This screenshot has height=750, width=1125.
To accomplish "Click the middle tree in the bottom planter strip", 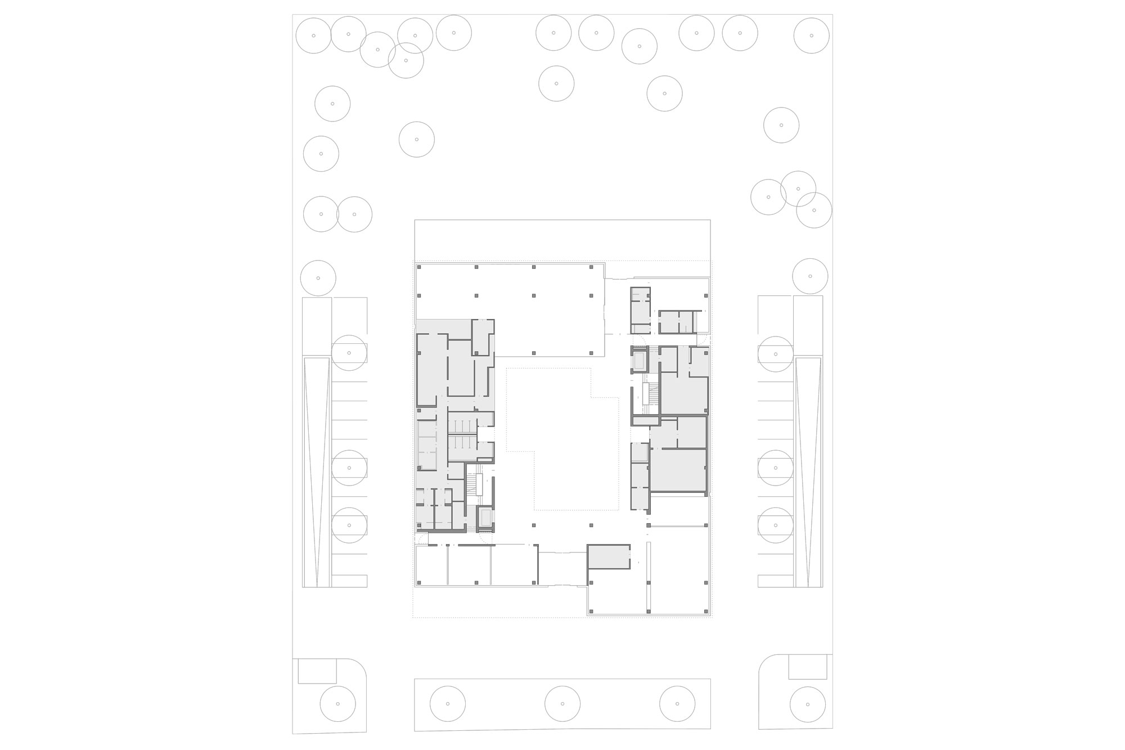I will tap(562, 704).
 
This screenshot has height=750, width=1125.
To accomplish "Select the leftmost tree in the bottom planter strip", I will tap(448, 704).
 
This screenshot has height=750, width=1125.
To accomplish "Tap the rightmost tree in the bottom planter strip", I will tap(677, 704).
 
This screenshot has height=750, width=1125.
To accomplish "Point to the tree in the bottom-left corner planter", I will tap(337, 704).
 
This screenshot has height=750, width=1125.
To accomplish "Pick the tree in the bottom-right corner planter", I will tap(807, 704).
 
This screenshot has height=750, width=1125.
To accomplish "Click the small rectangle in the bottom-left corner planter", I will tap(317, 671).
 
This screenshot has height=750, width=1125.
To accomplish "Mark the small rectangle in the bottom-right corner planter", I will tap(808, 667).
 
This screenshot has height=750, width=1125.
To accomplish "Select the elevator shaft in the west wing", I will tap(484, 518).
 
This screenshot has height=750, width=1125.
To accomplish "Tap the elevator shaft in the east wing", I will tap(640, 361).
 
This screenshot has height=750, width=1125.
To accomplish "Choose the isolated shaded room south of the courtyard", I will tap(609, 556).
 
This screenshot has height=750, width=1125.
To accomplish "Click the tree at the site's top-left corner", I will tap(313, 35).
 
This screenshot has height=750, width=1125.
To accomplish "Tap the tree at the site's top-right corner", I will tap(811, 35).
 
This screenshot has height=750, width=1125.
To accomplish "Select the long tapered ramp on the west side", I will tap(317, 471).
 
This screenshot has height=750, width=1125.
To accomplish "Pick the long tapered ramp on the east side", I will tap(808, 471).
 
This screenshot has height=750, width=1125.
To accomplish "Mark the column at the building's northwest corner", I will tap(419, 267).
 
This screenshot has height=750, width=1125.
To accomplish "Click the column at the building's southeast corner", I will tap(705, 610).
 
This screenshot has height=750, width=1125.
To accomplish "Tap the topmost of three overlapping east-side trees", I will tap(798, 189).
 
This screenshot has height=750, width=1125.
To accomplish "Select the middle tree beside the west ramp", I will tap(349, 468).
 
